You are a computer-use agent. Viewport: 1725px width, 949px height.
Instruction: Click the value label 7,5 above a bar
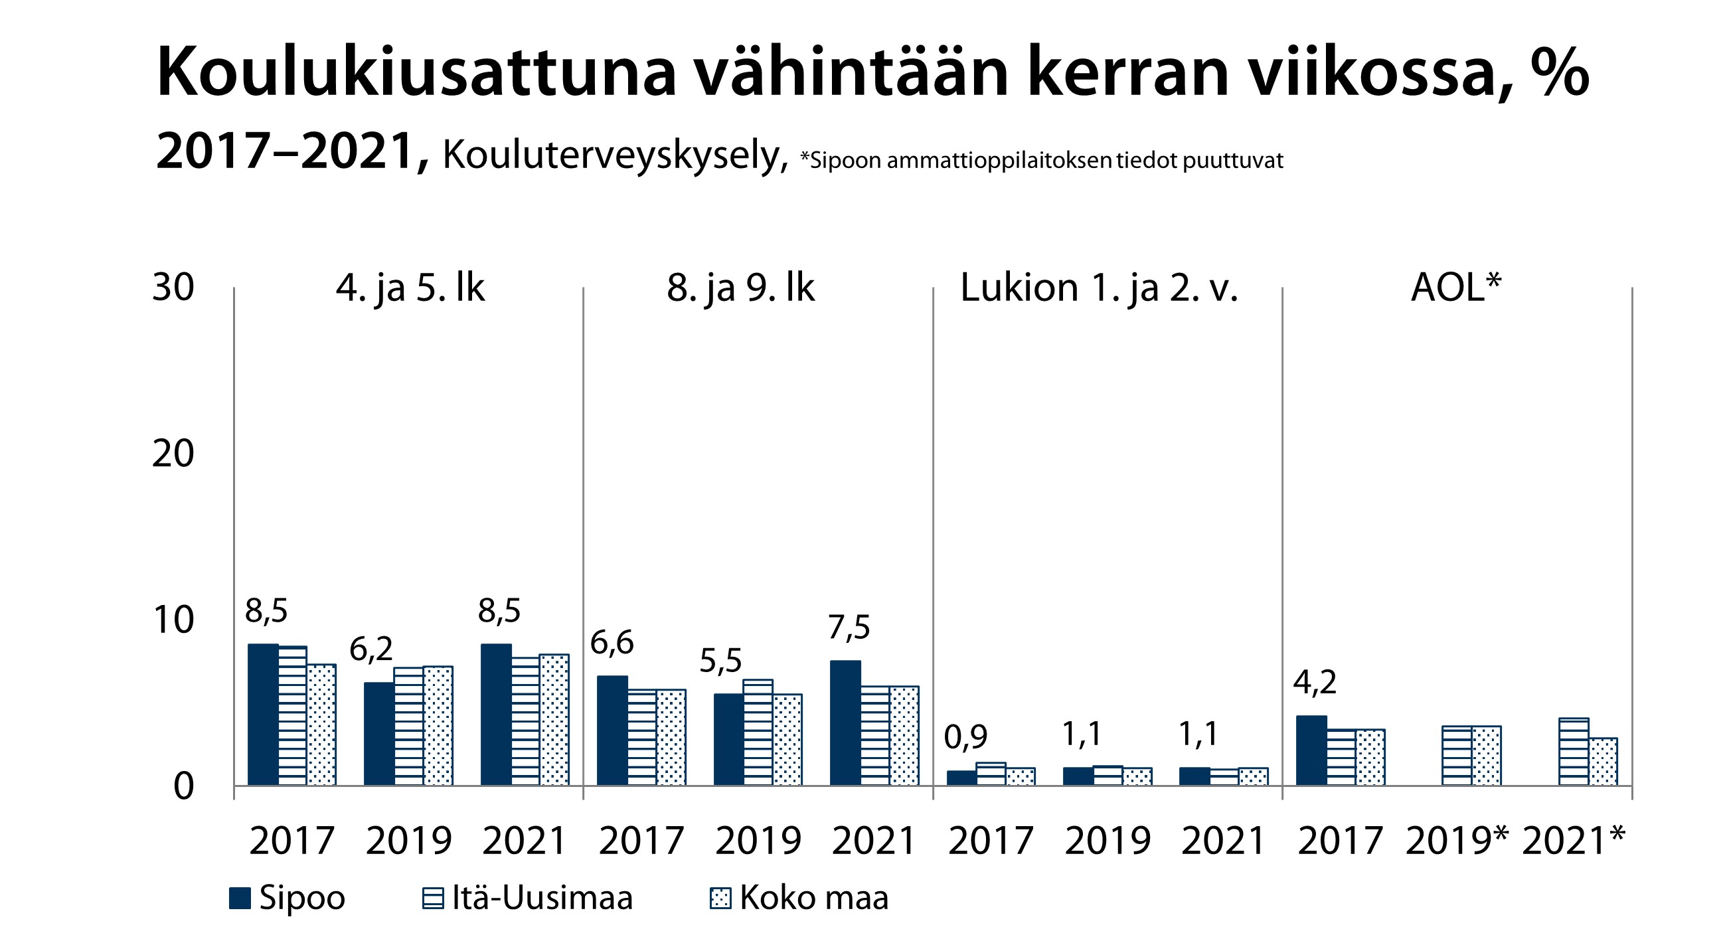click(849, 628)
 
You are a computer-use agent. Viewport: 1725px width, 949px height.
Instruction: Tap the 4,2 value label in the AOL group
click(1314, 683)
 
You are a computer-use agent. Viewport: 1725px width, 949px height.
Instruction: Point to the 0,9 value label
click(965, 737)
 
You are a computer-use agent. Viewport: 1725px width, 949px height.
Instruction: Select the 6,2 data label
click(371, 649)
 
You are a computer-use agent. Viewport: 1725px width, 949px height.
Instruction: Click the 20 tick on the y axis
click(173, 454)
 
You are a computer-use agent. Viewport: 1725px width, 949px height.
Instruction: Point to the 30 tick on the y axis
click(173, 288)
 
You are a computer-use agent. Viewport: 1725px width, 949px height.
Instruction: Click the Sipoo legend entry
click(287, 897)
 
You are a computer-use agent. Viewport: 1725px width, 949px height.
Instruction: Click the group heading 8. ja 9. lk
click(740, 289)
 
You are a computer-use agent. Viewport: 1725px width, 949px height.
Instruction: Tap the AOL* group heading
click(1456, 288)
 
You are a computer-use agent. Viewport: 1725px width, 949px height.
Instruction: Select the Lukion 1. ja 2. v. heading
click(1099, 289)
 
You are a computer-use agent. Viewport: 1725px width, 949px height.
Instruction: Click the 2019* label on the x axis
click(1457, 841)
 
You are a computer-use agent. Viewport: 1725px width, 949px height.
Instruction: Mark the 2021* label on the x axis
click(1573, 841)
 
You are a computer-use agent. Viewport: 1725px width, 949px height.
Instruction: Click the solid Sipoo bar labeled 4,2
click(1311, 750)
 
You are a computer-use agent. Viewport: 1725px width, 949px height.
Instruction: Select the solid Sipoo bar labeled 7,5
click(845, 723)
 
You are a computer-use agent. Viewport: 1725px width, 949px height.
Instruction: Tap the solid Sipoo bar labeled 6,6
click(612, 731)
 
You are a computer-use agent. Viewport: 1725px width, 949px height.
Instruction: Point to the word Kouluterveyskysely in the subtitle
click(616, 156)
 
